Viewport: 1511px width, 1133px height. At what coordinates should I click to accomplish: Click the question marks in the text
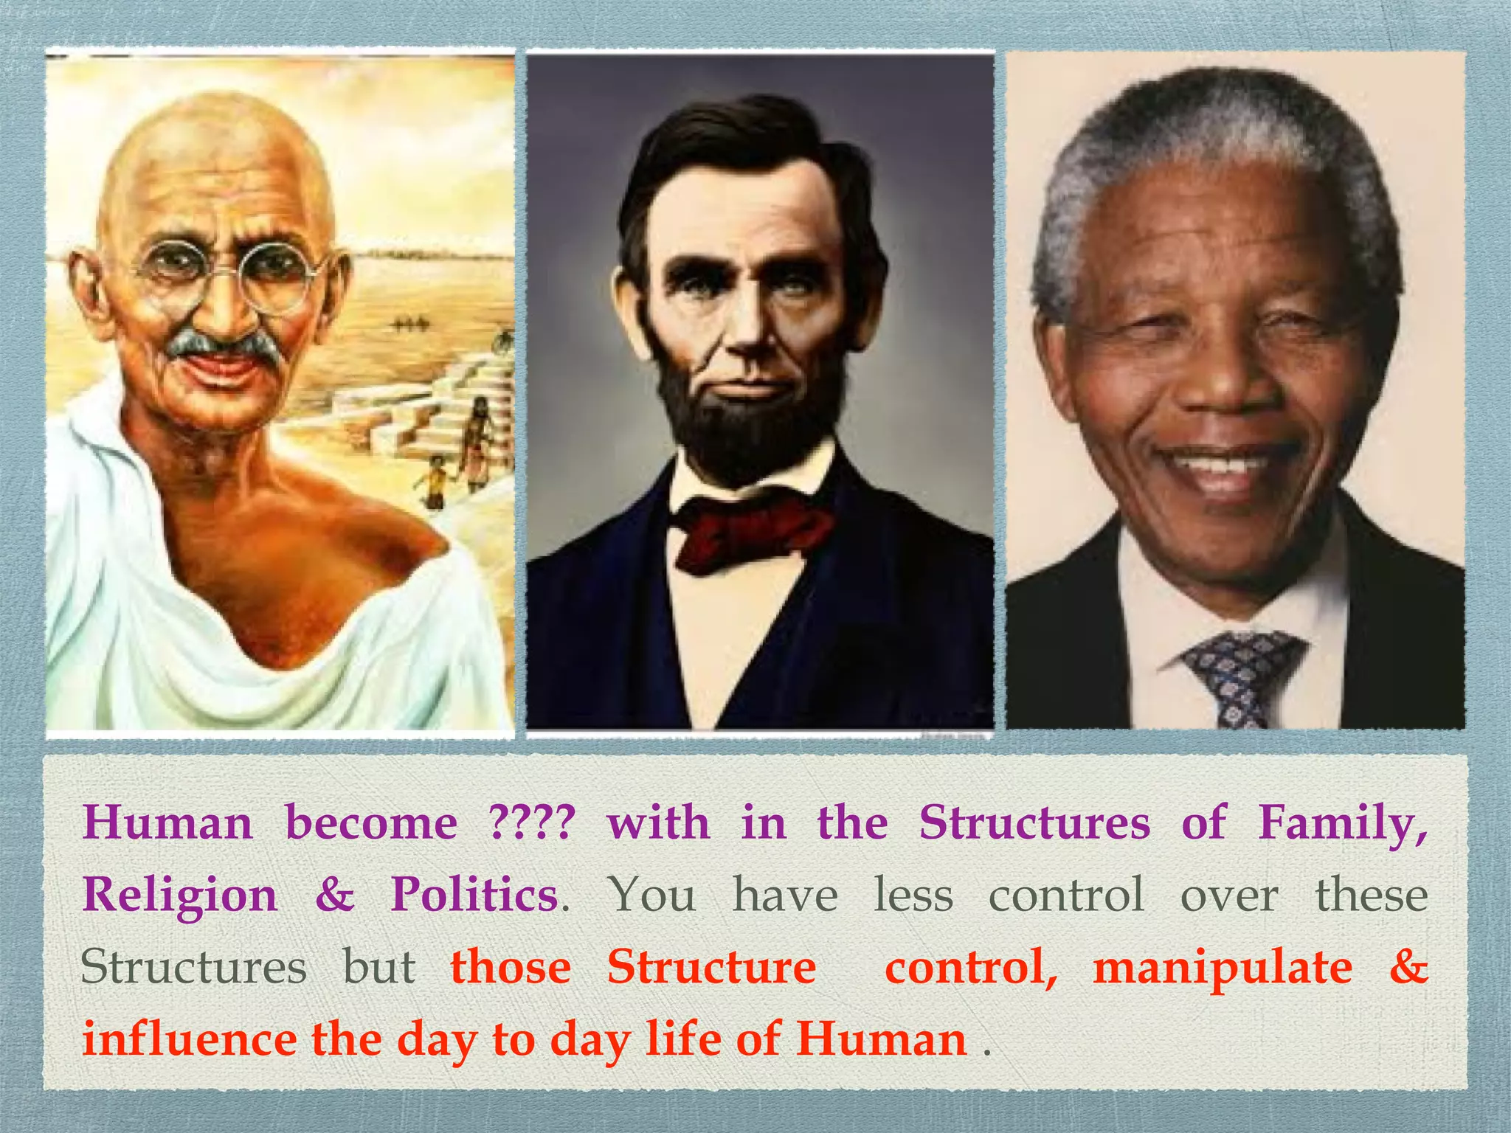pyautogui.click(x=531, y=822)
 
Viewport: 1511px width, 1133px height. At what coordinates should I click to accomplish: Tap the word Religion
pyautogui.click(x=180, y=895)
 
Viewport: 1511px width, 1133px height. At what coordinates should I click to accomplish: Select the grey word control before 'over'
pyautogui.click(x=1066, y=895)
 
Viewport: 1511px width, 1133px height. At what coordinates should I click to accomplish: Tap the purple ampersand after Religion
pyautogui.click(x=335, y=895)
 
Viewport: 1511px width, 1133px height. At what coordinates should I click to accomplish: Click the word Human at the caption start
pyautogui.click(x=167, y=822)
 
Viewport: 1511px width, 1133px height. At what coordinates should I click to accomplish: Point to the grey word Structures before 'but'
pyautogui.click(x=193, y=967)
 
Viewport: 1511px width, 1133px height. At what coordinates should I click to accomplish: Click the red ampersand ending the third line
pyautogui.click(x=1408, y=967)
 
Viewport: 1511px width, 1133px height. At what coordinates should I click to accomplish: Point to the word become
pyautogui.click(x=371, y=822)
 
